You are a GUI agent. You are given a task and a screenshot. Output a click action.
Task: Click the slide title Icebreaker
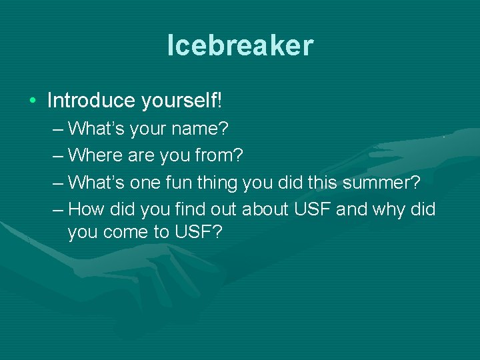240,45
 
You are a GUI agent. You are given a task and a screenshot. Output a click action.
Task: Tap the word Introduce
91,101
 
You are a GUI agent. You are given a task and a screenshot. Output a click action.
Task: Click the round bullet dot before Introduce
33,101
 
